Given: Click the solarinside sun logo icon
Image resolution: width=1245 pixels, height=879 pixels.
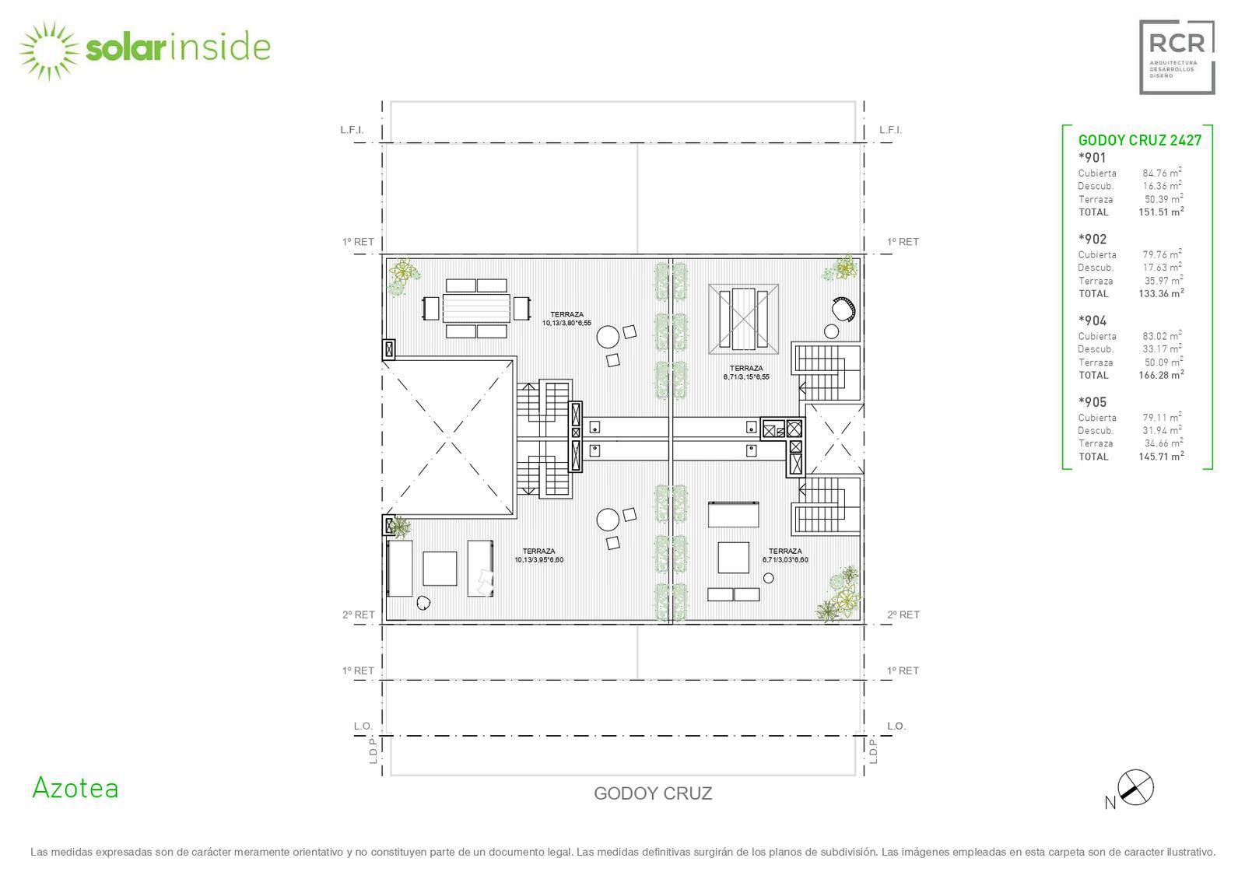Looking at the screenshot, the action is coord(49,51).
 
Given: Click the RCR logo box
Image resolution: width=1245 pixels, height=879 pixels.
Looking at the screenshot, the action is coord(1177,58).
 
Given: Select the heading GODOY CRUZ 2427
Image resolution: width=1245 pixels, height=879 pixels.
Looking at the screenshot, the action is coord(1140,141).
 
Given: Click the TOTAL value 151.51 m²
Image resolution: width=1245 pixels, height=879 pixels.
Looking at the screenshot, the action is coord(1161,212).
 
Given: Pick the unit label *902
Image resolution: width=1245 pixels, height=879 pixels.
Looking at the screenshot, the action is coord(1092,240).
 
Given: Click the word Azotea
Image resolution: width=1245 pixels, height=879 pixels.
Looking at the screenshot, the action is coord(75,788).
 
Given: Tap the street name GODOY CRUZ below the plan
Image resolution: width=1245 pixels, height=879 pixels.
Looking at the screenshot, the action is coord(653,793).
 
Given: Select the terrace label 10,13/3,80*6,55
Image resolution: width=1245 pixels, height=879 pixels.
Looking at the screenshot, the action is coord(567,323).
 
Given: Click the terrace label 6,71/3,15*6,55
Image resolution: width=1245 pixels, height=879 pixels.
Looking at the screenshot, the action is coord(746,376).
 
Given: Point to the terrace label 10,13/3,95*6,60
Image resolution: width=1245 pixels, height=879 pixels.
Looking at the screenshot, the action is coord(539,559).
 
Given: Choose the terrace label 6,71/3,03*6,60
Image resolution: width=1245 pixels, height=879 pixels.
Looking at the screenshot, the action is coord(785,559).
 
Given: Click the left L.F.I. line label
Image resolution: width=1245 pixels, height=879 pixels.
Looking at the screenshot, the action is coord(352,130).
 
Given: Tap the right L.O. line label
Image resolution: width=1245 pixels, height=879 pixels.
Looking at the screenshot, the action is coord(896,727).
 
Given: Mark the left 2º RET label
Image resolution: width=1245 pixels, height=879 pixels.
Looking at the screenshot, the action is coord(359,615).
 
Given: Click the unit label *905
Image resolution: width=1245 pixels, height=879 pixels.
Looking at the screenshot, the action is coord(1092,402).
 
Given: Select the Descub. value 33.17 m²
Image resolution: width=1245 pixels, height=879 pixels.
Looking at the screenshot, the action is coord(1163,348).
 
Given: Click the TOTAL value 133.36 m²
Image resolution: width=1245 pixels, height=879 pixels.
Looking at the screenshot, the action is coord(1161,293).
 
